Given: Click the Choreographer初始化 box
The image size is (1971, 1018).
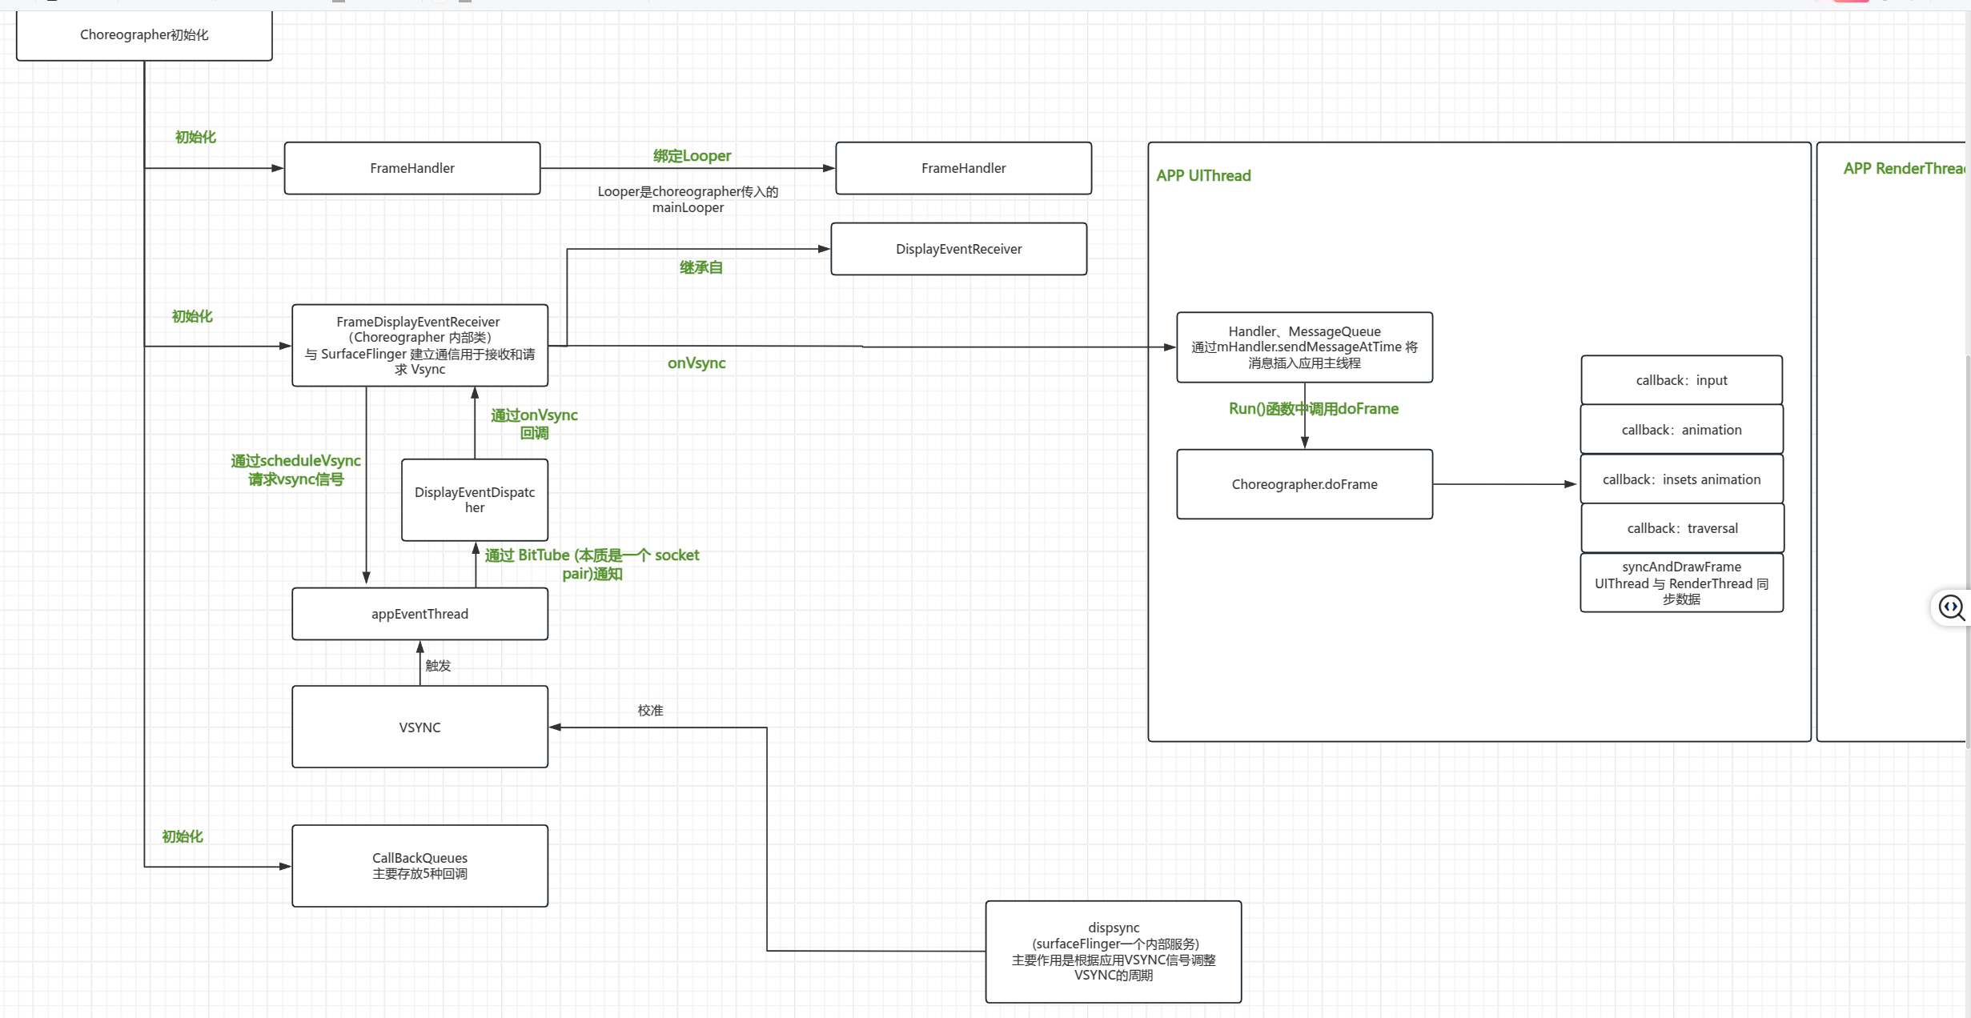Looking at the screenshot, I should (144, 35).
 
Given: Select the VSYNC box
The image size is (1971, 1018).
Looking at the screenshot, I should (419, 727).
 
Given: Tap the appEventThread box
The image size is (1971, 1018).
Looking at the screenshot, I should (419, 614).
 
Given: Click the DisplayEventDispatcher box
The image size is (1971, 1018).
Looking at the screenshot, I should (475, 500).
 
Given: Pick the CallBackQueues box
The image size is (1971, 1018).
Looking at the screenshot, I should (419, 866).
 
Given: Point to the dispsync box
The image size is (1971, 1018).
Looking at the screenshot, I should (1114, 952).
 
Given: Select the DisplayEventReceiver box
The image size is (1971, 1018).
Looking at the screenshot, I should (958, 249).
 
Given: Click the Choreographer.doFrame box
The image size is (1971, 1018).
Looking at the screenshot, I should (1304, 484).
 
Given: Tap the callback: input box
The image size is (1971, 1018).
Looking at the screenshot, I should (1681, 380).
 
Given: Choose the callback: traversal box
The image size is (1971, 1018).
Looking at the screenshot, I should (1682, 528).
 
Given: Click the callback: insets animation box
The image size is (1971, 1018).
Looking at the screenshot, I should (1681, 479).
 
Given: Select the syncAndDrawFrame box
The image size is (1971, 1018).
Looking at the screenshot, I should (1681, 583).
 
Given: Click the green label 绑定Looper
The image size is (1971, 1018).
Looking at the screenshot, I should (692, 156).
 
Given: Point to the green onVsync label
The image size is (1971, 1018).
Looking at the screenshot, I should (696, 363).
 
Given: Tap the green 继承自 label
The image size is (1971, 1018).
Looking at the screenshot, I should (700, 267).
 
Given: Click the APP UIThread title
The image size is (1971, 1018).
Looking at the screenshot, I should (1203, 176).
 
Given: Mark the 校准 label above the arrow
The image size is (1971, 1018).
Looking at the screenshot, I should (650, 711).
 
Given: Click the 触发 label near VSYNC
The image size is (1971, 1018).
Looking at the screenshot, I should (438, 666).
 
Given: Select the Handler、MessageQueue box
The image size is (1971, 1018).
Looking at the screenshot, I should (1304, 347).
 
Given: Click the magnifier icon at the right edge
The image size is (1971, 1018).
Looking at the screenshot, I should (1951, 608).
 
